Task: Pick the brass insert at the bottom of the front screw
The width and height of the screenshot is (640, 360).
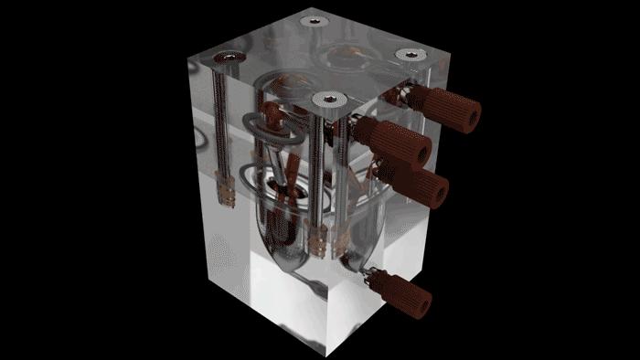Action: click(318, 243)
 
